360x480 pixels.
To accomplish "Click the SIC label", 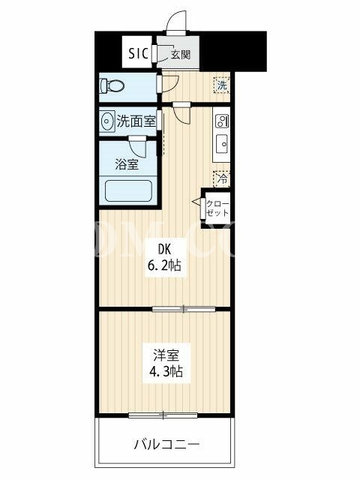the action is pos(138,53).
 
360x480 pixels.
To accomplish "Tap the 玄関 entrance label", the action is pos(181,55).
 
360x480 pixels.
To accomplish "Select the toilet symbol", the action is pos(112,85).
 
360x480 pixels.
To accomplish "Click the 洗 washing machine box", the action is pos(222,85).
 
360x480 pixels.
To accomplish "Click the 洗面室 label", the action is pos(136,121).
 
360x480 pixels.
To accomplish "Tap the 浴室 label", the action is pos(127,164).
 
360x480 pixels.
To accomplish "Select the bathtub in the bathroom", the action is pos(128,190).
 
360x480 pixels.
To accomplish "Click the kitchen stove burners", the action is pos(222,121).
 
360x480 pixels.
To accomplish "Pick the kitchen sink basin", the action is pos(222,143).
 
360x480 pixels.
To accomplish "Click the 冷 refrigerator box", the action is pos(222,179).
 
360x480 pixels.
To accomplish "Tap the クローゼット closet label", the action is pos(217,208).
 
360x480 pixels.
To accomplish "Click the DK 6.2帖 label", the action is pos(165,258).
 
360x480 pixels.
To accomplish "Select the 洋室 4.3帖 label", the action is pos(166,363).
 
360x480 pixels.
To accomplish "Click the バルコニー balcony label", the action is pos(166,444).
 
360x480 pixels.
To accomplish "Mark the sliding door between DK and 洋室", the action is pos(184,309).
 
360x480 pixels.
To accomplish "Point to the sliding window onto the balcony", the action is pos(163,415).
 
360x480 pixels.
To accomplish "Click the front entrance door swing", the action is pos(177,22).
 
